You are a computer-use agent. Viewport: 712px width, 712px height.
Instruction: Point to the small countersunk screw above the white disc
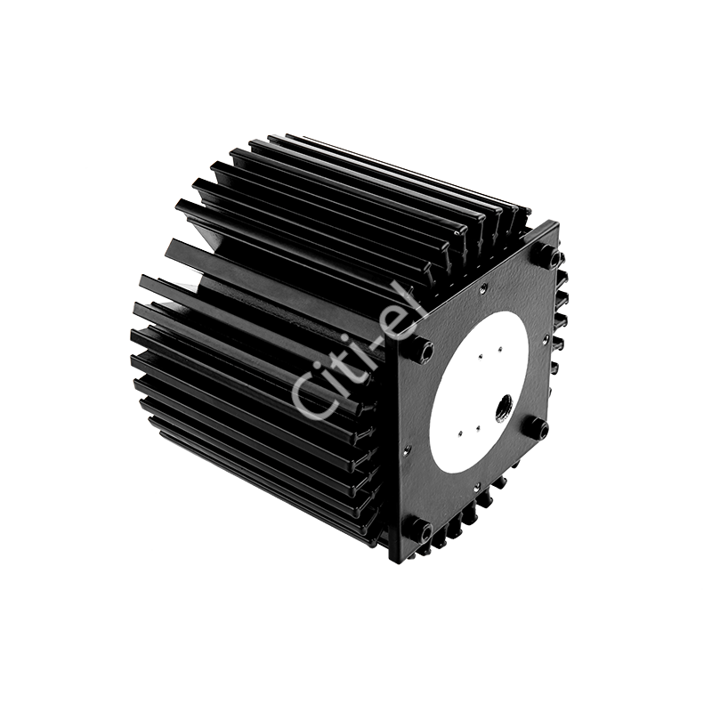[484, 286]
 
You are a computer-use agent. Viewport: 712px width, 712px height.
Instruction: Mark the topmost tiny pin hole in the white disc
[499, 349]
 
